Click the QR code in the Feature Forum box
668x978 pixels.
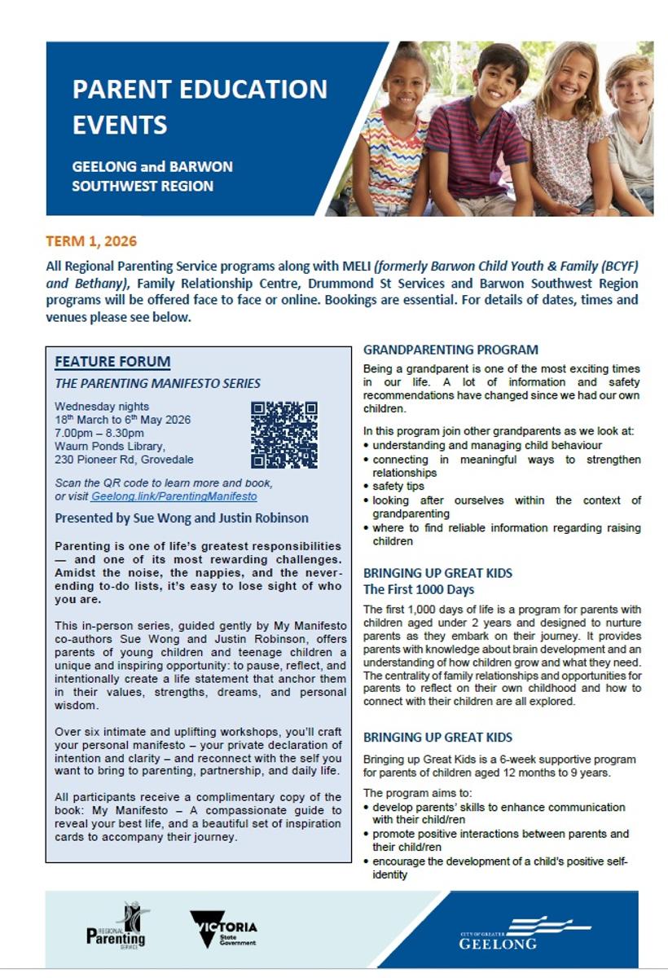pyautogui.click(x=283, y=434)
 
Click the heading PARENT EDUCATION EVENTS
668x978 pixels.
pyautogui.click(x=200, y=106)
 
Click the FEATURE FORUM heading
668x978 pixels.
pyautogui.click(x=101, y=362)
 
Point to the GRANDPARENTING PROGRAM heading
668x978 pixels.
pyautogui.click(x=450, y=350)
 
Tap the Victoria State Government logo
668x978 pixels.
pyautogui.click(x=223, y=929)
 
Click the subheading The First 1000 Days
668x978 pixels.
pyautogui.click(x=419, y=589)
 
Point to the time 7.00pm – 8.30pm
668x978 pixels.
pyautogui.click(x=101, y=434)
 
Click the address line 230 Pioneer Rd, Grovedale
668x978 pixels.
pyautogui.click(x=124, y=459)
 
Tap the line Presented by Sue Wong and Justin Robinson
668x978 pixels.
pyautogui.click(x=182, y=518)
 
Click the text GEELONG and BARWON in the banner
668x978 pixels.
pyautogui.click(x=152, y=166)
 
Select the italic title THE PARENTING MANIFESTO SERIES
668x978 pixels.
pyautogui.click(x=158, y=383)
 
